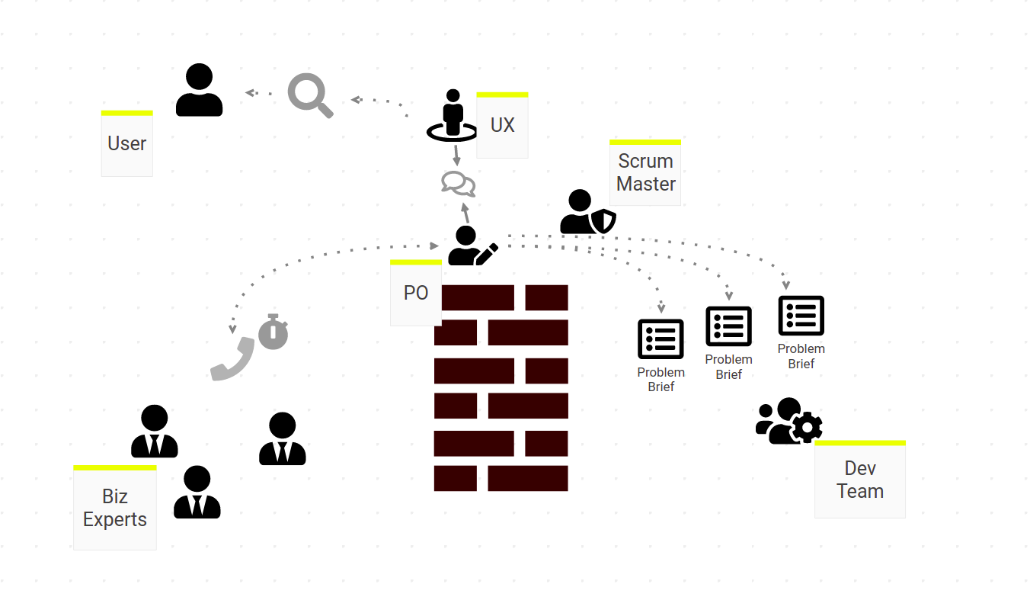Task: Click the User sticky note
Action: tap(127, 143)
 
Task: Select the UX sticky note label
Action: tap(502, 125)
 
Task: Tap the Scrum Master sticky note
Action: tap(645, 172)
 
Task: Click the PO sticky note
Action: tap(416, 293)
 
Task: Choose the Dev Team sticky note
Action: tap(860, 479)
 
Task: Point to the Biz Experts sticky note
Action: tap(115, 507)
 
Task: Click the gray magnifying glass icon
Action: tap(310, 95)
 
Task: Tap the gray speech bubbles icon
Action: tap(459, 184)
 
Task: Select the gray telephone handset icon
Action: tap(232, 359)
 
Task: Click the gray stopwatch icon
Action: tap(273, 332)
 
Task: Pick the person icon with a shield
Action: tap(587, 211)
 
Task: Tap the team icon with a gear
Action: tap(789, 421)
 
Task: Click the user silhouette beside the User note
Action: tap(199, 90)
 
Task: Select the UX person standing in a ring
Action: tap(453, 115)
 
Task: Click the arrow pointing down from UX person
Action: tap(456, 156)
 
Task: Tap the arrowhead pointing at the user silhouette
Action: tap(251, 92)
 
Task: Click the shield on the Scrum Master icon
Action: tap(603, 221)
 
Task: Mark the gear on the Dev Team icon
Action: tap(807, 428)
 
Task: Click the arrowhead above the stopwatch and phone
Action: tap(232, 329)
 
